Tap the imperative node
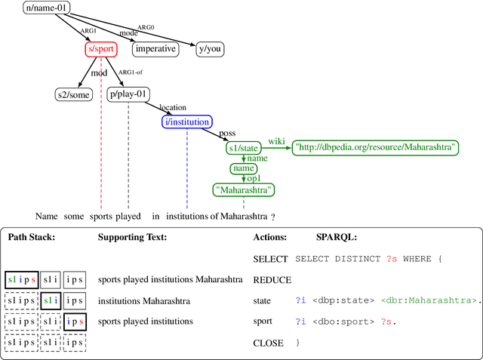tap(155, 49)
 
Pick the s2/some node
tap(74, 94)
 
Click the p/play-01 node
tap(129, 94)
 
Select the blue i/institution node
tap(187, 122)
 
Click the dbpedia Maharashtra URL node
tap(376, 148)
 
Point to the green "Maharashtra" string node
tap(244, 190)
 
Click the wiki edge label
tap(276, 140)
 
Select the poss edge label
tap(226, 134)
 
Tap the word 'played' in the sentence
tap(128, 217)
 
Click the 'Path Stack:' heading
tap(32, 237)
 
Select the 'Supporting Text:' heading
tap(133, 237)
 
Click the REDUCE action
tap(272, 280)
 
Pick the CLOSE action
tap(268, 343)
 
